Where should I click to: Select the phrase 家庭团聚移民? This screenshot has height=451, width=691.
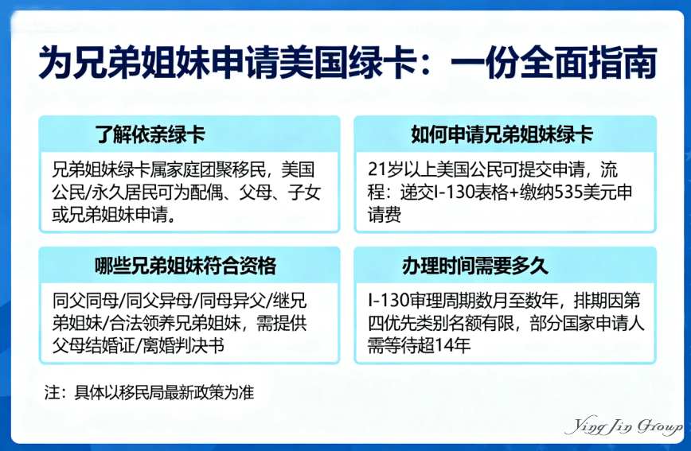(x=216, y=170)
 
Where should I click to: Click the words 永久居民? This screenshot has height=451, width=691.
(x=120, y=193)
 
